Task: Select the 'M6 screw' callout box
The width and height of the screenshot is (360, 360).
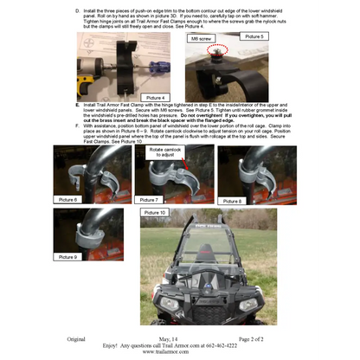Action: click(200, 40)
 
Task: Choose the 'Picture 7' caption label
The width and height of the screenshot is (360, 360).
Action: click(149, 200)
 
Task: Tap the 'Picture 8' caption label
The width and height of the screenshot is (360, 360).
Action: click(231, 200)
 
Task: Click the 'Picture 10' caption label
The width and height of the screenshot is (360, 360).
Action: click(155, 212)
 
